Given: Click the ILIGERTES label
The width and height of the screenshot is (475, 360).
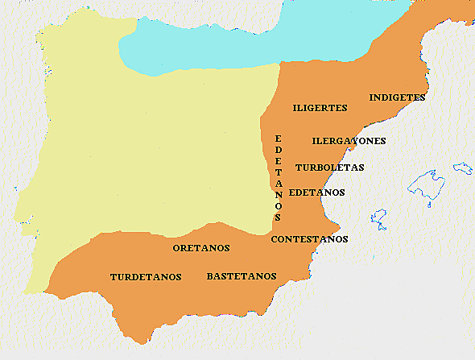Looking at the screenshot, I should [x=320, y=107].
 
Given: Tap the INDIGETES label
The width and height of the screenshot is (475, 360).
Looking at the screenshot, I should [x=397, y=97].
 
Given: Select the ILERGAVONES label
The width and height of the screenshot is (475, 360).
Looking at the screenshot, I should [x=349, y=141].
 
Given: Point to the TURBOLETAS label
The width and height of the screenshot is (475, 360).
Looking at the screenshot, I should [x=329, y=168].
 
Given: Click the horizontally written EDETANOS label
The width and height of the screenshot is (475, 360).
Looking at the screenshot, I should [x=316, y=192].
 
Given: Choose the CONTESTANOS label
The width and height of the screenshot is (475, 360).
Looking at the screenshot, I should [x=309, y=239].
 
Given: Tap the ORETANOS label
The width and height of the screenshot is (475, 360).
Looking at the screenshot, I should [x=201, y=248].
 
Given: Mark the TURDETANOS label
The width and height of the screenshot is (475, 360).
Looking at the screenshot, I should [x=146, y=277].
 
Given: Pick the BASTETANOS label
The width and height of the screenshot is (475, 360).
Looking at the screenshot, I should [x=242, y=276].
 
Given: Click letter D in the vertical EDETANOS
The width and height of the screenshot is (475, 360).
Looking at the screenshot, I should [x=279, y=150].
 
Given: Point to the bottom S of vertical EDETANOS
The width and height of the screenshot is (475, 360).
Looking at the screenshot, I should [x=279, y=217].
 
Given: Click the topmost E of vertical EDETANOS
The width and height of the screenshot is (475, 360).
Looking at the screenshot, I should [x=279, y=139].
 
